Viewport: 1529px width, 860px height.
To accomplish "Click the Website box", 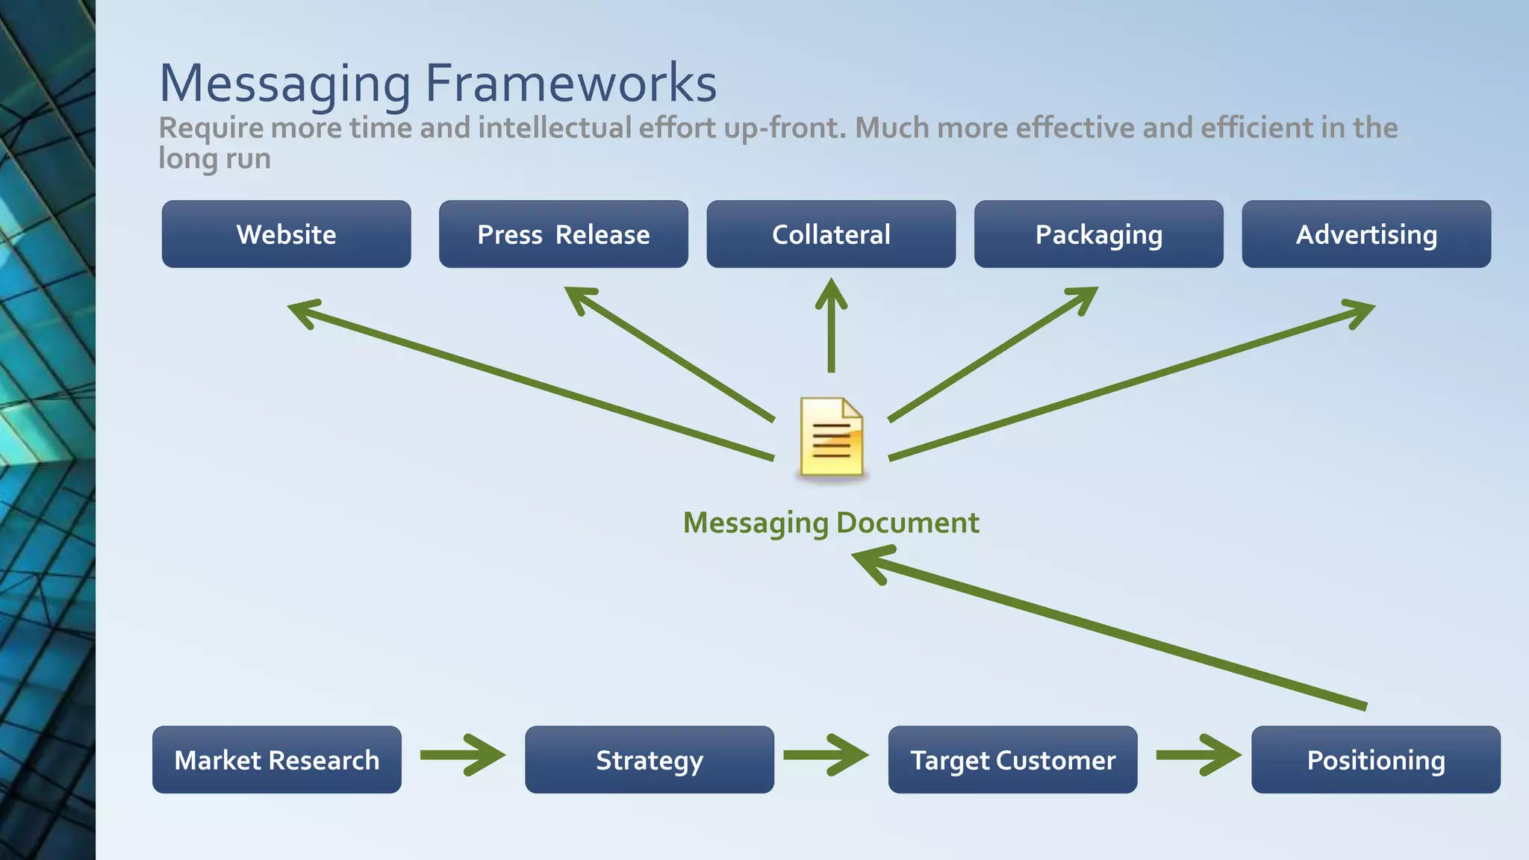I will point(286,234).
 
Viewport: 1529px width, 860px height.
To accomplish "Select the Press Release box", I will point(563,234).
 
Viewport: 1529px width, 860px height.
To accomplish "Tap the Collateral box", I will point(831,234).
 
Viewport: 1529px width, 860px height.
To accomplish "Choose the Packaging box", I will point(1098,234).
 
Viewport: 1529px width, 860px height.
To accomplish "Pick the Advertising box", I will point(1366,234).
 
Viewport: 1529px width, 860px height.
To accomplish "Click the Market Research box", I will point(276,760).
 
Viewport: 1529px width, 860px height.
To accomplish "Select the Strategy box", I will point(649,760).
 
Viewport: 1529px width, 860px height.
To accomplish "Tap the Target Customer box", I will point(1012,760).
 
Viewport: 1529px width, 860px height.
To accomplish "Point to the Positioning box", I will point(1375,760).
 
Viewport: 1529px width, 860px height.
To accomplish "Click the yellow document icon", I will point(831,437).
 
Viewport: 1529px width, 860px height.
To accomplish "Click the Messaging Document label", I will point(831,523).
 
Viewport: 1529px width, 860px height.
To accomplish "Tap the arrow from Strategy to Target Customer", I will point(826,755).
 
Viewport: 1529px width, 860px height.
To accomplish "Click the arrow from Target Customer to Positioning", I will point(1198,755).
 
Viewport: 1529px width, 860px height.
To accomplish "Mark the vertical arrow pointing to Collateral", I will point(831,325).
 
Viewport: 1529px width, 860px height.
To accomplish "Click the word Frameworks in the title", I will point(570,83).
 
